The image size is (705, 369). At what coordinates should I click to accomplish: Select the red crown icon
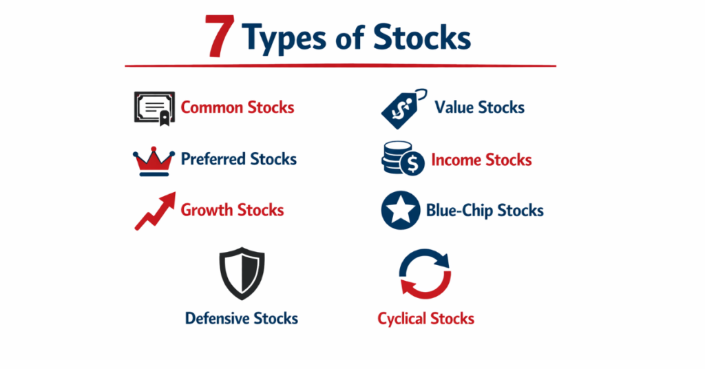[x=154, y=160]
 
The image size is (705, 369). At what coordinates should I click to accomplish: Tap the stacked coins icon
[x=403, y=160]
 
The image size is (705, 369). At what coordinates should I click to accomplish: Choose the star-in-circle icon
[x=401, y=211]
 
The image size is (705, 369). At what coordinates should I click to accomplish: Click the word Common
[x=211, y=108]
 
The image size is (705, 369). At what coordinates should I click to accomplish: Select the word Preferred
[x=213, y=160]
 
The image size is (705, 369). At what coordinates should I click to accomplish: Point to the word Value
[x=454, y=108]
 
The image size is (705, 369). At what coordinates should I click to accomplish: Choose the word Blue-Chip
[x=459, y=211]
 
